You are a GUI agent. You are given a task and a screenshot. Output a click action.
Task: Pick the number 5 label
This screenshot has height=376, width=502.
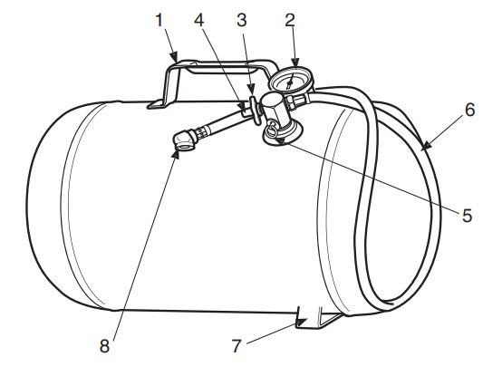[468, 216]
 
